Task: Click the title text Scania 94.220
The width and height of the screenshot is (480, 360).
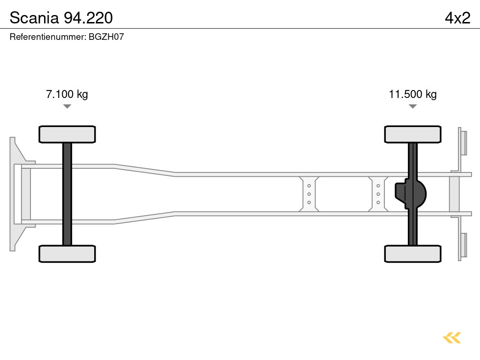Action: tap(61, 18)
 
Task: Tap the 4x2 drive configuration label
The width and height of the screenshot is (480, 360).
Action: tap(457, 18)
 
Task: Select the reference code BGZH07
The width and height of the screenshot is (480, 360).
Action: tap(106, 37)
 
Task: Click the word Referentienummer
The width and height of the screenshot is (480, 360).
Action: tap(47, 37)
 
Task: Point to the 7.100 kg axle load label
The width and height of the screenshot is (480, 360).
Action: tap(67, 94)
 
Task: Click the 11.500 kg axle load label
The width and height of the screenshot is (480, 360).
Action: tap(412, 94)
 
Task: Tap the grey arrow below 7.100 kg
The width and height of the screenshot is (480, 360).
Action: tap(67, 106)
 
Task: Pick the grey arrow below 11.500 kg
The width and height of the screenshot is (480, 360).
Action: tap(412, 106)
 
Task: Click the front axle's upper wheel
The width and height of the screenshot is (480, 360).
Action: tap(67, 135)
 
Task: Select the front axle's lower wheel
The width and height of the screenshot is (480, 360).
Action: tap(67, 254)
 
